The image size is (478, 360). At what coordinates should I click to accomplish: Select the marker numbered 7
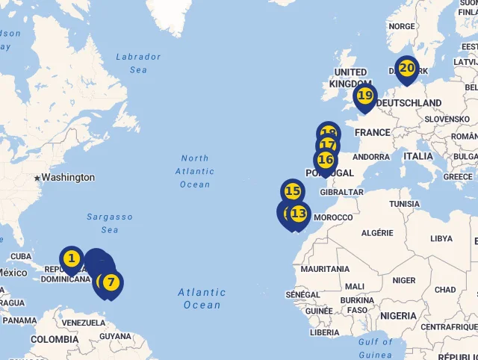click(111, 283)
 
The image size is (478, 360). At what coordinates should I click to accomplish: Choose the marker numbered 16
click(325, 160)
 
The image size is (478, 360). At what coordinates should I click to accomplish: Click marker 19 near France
click(364, 96)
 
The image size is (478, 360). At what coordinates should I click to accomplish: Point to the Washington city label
click(68, 178)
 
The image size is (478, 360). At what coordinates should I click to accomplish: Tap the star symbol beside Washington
click(36, 178)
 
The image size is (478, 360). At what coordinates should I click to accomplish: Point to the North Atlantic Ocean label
click(195, 171)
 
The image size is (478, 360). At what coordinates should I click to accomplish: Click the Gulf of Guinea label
click(375, 348)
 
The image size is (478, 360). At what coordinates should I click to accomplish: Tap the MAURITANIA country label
click(325, 269)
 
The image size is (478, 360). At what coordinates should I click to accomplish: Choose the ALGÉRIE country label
click(377, 233)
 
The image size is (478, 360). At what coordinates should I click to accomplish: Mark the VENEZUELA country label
click(83, 323)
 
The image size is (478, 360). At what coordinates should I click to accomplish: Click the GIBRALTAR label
click(341, 192)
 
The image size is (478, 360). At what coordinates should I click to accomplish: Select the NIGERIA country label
click(397, 316)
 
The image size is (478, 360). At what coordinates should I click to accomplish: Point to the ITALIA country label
click(418, 156)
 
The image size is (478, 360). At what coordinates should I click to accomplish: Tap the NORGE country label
click(402, 26)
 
